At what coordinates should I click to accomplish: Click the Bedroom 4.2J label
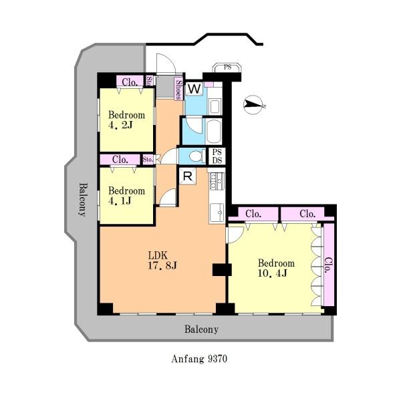click(126, 120)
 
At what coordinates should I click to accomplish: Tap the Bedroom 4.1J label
click(126, 196)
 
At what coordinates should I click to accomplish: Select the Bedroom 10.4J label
click(276, 268)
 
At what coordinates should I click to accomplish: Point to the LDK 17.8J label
click(162, 261)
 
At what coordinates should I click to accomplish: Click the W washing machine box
click(194, 89)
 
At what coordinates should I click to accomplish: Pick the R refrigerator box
click(188, 176)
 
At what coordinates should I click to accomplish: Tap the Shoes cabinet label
click(178, 89)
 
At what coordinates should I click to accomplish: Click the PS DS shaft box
click(217, 156)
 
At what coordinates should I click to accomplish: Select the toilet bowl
click(197, 156)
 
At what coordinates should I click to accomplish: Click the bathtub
click(214, 132)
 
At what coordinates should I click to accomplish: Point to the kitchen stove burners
click(217, 181)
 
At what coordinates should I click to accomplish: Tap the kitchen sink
click(217, 213)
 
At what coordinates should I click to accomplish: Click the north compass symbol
click(253, 105)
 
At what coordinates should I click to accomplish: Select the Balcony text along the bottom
click(201, 329)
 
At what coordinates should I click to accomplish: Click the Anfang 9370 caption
click(199, 358)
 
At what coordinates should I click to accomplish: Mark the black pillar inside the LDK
click(222, 270)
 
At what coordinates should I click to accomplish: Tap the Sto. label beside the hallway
click(148, 160)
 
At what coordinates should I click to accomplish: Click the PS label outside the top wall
click(227, 67)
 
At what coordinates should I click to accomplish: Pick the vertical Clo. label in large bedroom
click(329, 265)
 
